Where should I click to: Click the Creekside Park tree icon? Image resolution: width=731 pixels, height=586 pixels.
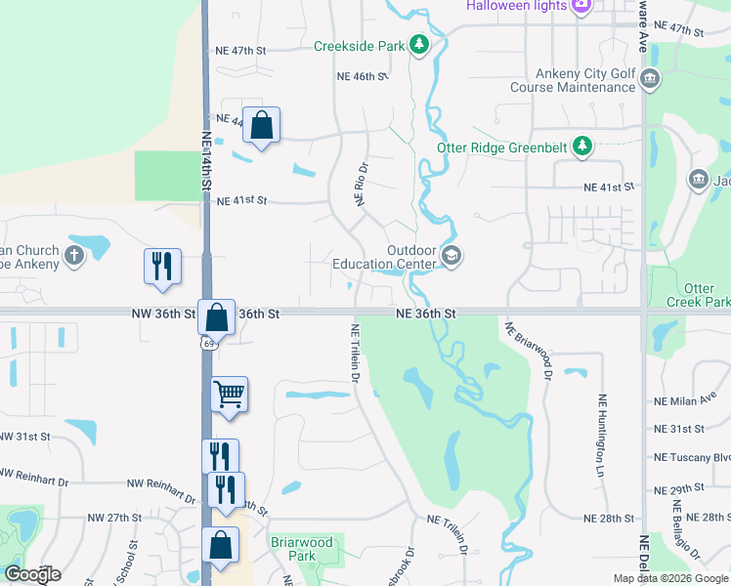click(418, 45)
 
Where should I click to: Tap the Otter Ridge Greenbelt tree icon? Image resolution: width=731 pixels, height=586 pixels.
click(582, 146)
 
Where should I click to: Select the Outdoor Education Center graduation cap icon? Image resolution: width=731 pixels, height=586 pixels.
click(451, 256)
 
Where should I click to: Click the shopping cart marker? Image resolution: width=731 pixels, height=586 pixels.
click(230, 395)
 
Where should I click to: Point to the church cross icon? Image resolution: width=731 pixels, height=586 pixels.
click(74, 257)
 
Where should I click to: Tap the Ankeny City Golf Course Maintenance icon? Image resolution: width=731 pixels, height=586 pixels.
click(651, 79)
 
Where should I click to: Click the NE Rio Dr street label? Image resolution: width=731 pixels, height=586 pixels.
click(361, 185)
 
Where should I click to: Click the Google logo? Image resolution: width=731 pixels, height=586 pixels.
click(31, 574)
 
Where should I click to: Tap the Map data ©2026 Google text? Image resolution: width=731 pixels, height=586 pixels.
click(669, 578)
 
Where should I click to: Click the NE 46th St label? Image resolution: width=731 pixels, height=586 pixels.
click(363, 76)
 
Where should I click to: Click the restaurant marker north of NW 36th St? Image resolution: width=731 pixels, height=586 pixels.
click(162, 266)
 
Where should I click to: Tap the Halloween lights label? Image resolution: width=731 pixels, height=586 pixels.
click(515, 6)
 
